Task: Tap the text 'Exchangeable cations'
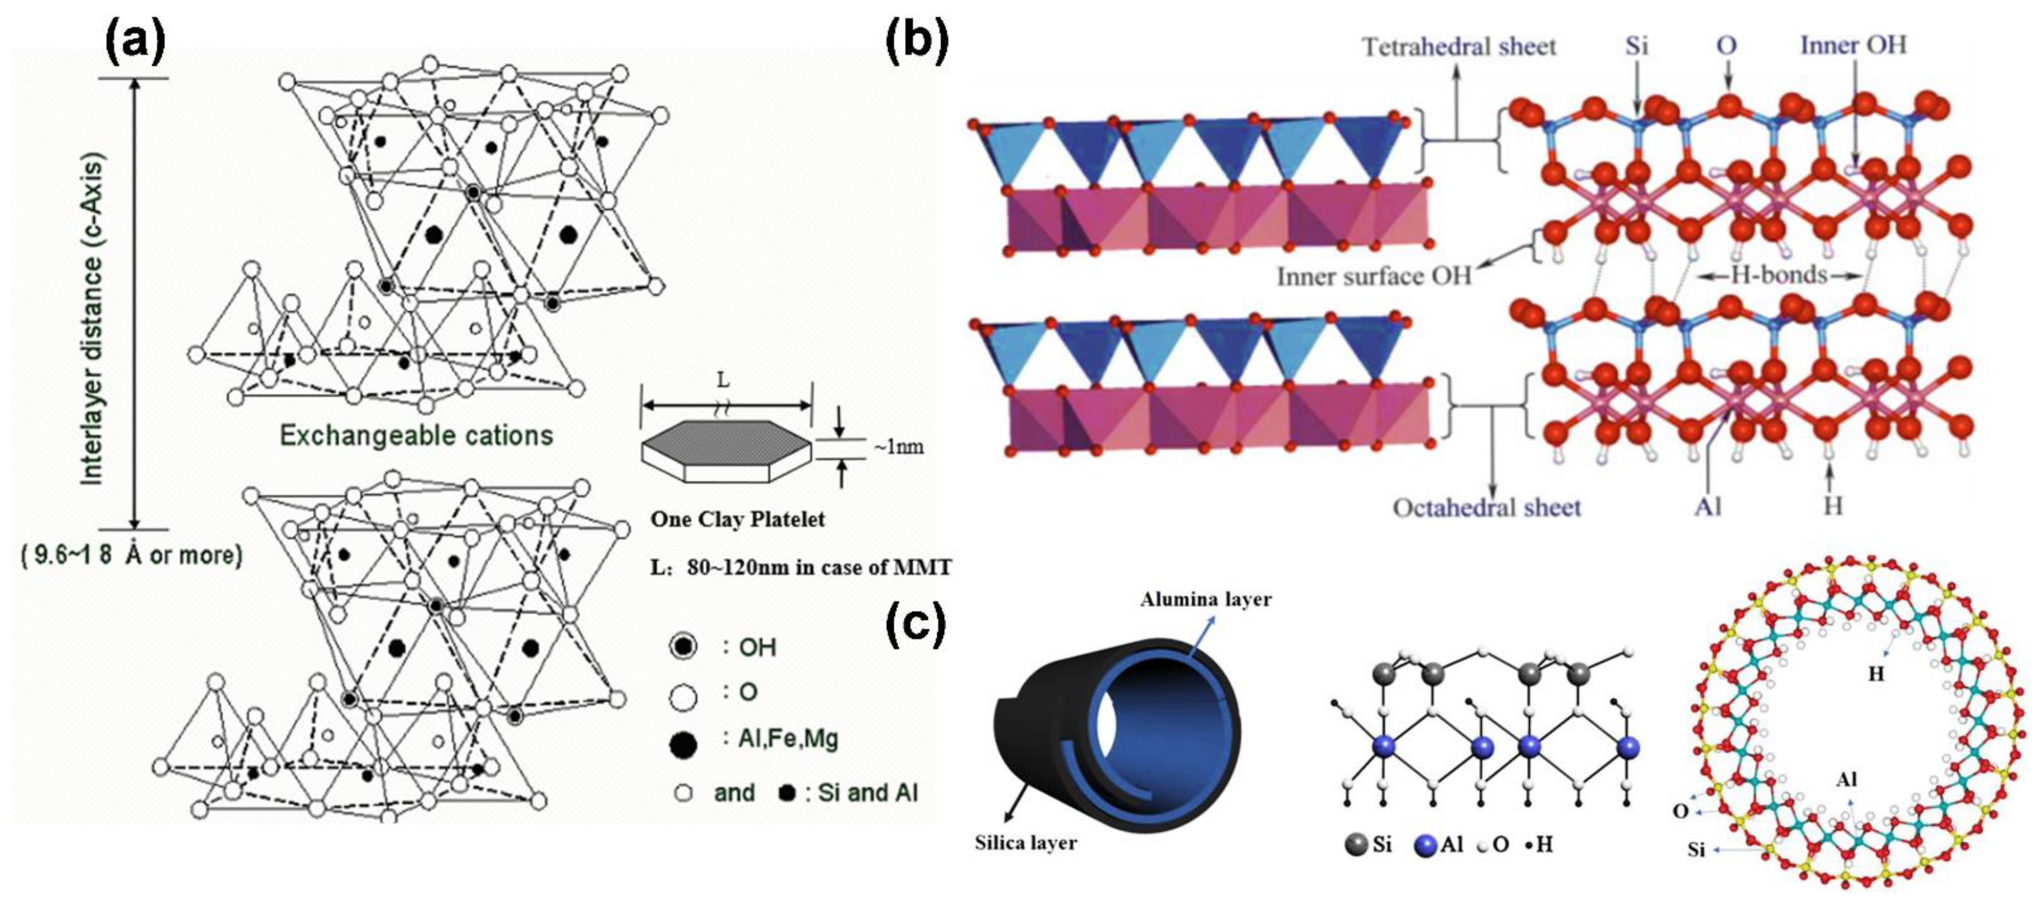(x=416, y=435)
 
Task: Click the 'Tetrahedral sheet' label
(x=1458, y=47)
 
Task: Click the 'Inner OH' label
(x=1853, y=45)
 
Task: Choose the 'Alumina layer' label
(x=1205, y=599)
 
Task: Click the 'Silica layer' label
(x=1025, y=843)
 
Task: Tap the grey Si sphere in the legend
(x=1356, y=845)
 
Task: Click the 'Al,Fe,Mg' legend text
(x=788, y=739)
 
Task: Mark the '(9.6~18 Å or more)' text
(x=131, y=556)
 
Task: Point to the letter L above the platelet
(x=723, y=382)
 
